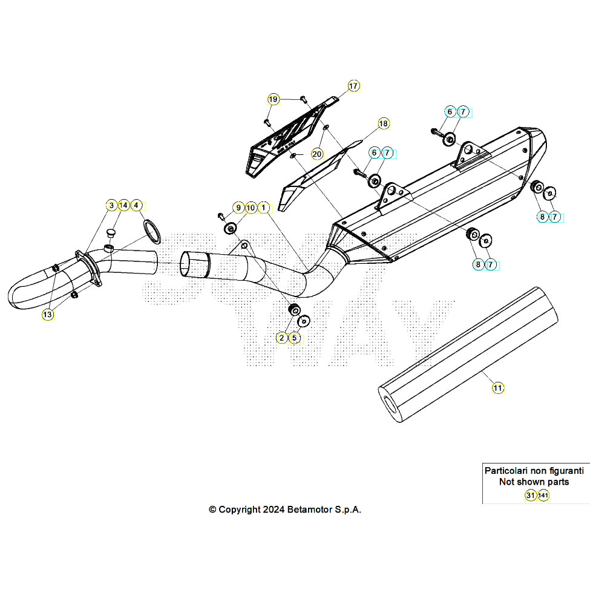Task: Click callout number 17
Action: (353, 86)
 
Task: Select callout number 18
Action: (383, 124)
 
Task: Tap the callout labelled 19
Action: (274, 99)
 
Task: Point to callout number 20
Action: (317, 154)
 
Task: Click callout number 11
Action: (497, 388)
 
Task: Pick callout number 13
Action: (47, 314)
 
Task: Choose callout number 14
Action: (123, 206)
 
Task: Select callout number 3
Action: (111, 206)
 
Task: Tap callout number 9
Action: (238, 208)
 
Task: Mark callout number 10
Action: (251, 208)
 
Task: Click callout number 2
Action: (282, 338)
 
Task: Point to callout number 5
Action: (295, 338)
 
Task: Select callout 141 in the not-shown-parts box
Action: (543, 496)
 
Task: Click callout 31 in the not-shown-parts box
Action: (530, 496)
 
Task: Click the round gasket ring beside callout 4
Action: (152, 233)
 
